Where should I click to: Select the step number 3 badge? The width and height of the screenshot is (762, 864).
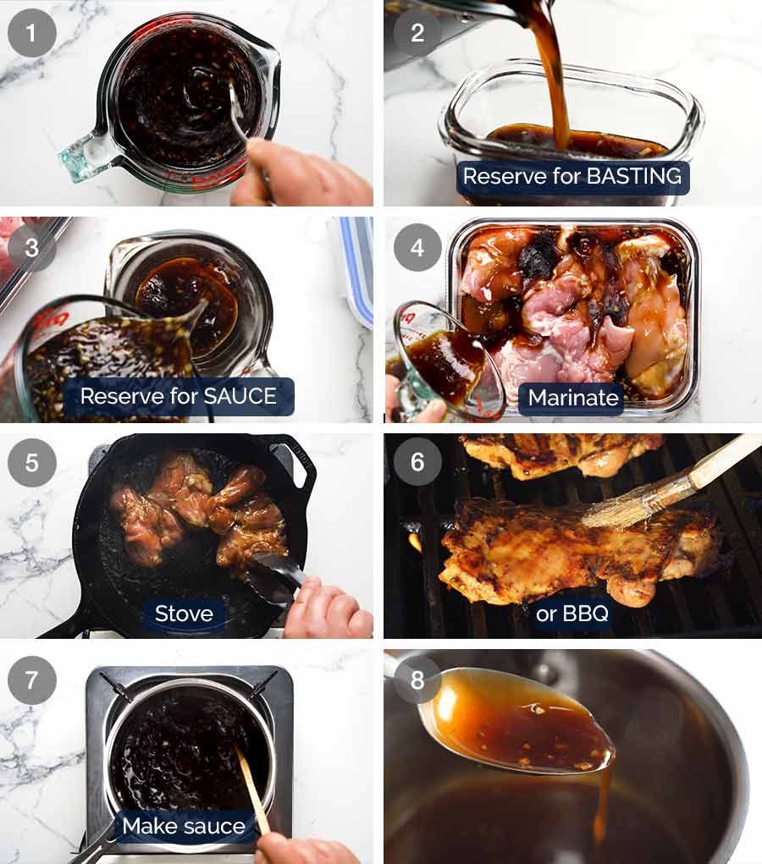(32, 248)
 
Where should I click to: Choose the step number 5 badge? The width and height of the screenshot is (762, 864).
(32, 463)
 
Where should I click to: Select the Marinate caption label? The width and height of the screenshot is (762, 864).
(571, 397)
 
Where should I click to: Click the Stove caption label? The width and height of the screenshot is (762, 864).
(184, 613)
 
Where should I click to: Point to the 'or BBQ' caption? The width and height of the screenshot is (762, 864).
(572, 614)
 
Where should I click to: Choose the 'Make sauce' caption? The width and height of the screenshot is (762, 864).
(184, 826)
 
